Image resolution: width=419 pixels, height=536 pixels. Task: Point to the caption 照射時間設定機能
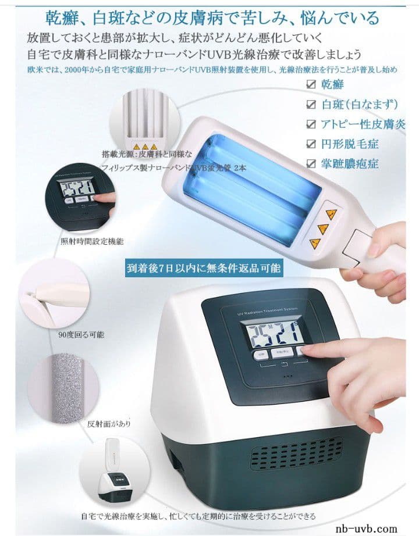(92, 240)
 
